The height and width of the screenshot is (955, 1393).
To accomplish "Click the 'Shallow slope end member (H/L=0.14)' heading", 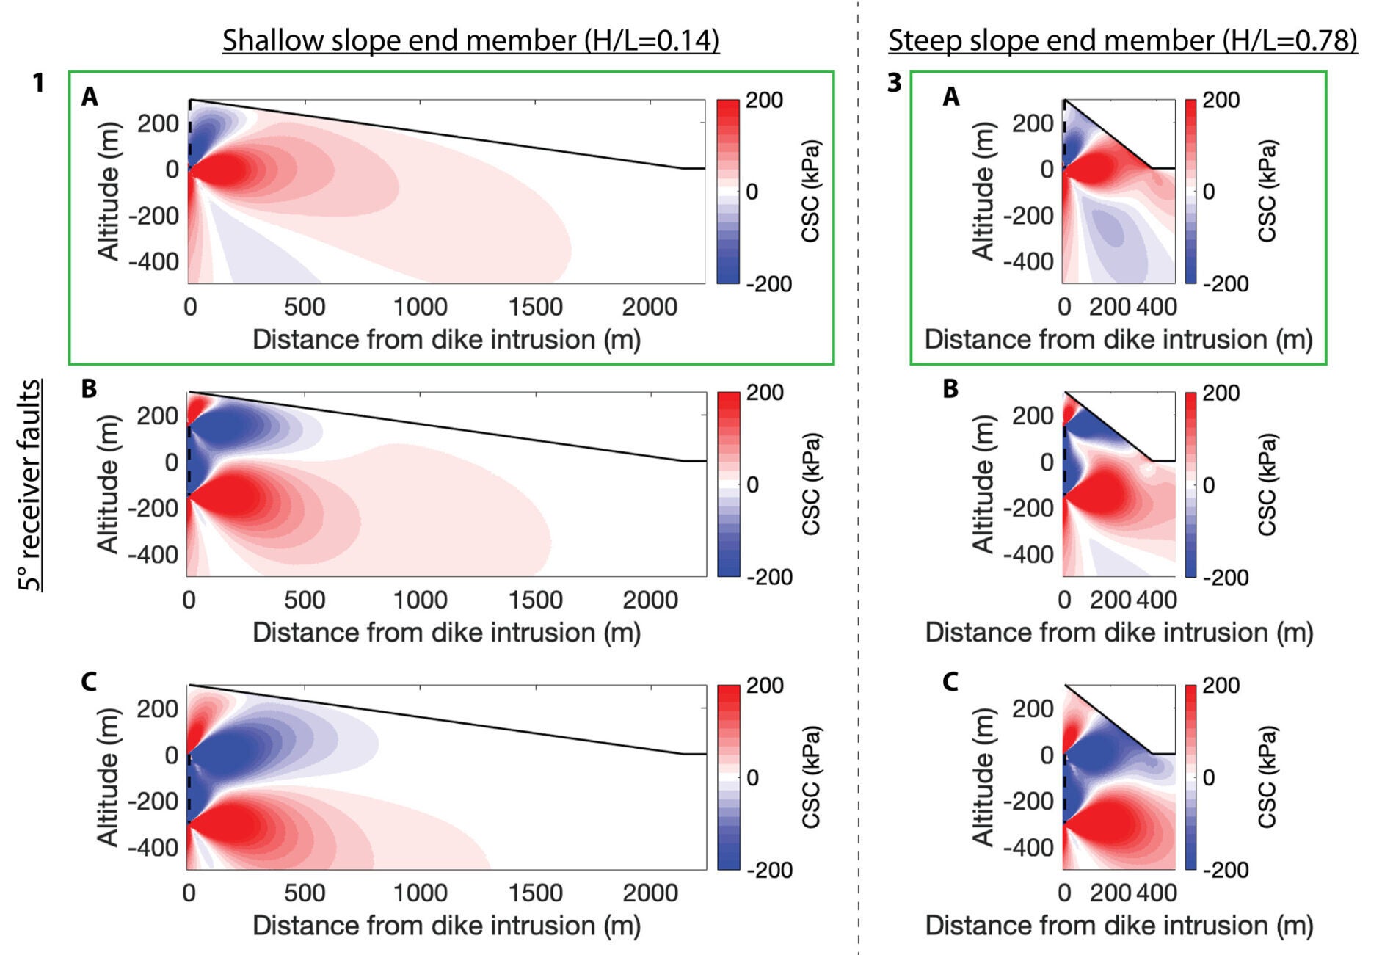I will pyautogui.click(x=470, y=40).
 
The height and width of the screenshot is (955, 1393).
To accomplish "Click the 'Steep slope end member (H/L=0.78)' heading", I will pyautogui.click(x=1122, y=40).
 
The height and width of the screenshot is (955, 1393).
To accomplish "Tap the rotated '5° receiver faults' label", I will pyautogui.click(x=30, y=484).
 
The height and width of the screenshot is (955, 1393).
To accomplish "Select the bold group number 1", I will pyautogui.click(x=38, y=83).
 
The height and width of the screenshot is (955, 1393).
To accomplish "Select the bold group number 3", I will pyautogui.click(x=894, y=83).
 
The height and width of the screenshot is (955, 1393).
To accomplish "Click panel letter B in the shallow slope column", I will pyautogui.click(x=89, y=388).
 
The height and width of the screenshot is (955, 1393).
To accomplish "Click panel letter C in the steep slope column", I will pyautogui.click(x=950, y=682).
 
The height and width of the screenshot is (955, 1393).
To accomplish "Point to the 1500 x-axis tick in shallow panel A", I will pyautogui.click(x=535, y=307).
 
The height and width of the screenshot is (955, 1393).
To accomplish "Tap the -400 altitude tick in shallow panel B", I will pyautogui.click(x=153, y=554).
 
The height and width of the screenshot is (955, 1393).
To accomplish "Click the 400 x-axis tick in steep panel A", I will pyautogui.click(x=1157, y=307).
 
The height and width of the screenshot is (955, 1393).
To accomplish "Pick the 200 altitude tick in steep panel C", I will pyautogui.click(x=1033, y=709).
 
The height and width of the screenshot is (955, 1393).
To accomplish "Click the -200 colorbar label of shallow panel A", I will pyautogui.click(x=768, y=284).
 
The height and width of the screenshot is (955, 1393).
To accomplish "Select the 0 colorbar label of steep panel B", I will pyautogui.click(x=1208, y=485).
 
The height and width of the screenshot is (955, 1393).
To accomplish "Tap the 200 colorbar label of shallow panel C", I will pyautogui.click(x=765, y=686).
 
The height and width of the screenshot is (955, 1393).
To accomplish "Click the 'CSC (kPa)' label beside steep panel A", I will pyautogui.click(x=1267, y=191).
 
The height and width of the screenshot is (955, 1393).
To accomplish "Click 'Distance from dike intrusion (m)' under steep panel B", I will pyautogui.click(x=1119, y=632).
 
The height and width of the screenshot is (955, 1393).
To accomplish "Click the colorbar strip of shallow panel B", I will pyautogui.click(x=728, y=484).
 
